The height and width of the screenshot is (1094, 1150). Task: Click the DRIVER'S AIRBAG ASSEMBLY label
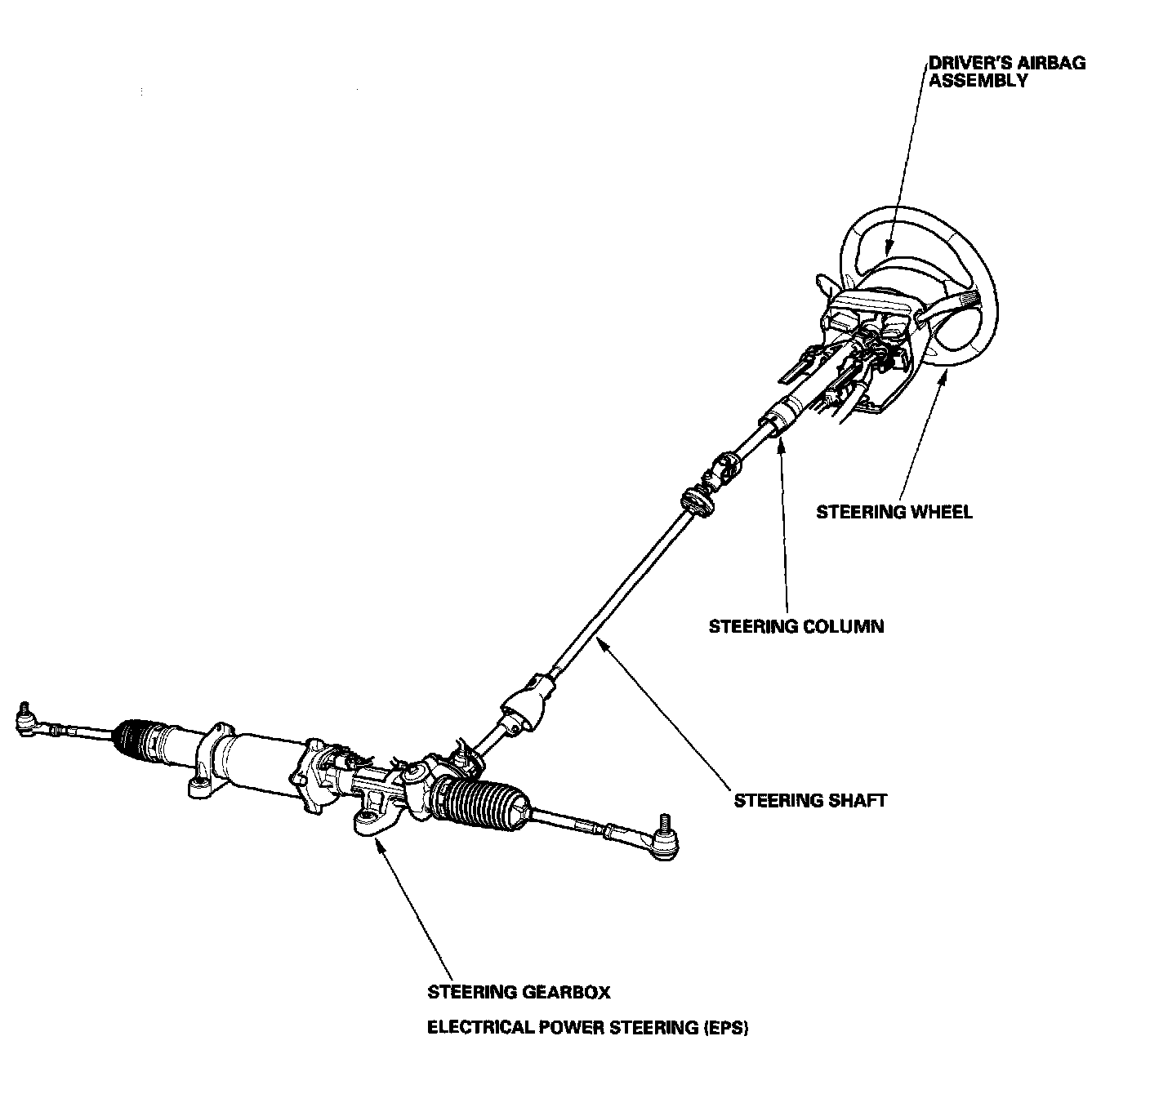1007,72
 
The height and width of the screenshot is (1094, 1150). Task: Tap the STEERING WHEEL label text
894,512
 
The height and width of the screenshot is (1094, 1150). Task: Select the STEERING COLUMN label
796,626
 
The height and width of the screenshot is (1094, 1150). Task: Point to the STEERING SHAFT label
809,799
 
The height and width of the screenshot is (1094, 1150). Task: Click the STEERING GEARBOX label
519,992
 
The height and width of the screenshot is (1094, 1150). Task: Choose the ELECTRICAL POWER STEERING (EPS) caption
588,1027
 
